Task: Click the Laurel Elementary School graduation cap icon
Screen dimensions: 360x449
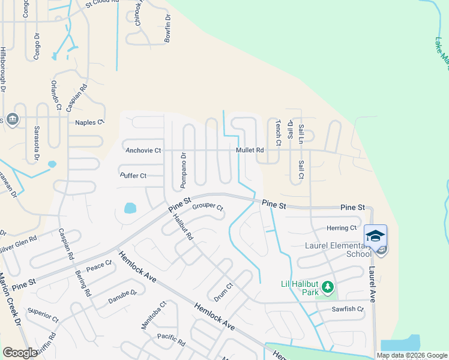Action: [x=375, y=235]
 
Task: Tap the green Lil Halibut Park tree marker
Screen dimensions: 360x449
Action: [x=327, y=288]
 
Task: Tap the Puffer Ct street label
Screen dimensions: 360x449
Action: [x=133, y=176]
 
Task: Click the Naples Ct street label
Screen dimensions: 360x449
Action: [x=89, y=122]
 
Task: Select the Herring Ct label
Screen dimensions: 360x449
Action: [x=342, y=228]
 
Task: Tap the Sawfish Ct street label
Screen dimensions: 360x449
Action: [x=348, y=309]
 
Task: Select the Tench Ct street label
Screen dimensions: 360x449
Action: [x=278, y=133]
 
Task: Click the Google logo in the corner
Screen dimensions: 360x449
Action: [x=20, y=353]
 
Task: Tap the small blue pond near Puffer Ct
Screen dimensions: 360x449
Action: [x=129, y=209]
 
